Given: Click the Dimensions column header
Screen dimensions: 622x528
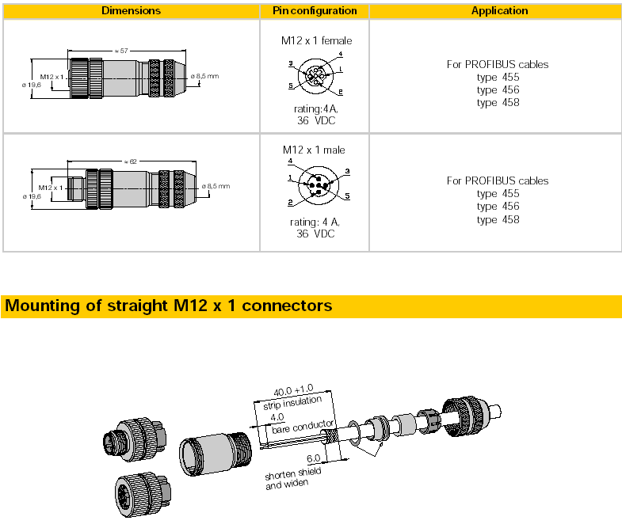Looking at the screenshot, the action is click(x=131, y=11).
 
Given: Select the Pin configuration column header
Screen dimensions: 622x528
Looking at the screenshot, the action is click(x=315, y=11).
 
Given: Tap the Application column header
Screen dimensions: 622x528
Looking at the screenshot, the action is click(x=499, y=11).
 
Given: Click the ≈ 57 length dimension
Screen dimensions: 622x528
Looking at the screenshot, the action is click(x=121, y=51).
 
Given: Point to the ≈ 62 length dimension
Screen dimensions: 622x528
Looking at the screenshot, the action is click(x=131, y=161).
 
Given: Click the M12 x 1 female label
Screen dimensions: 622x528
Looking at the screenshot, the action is click(x=316, y=40).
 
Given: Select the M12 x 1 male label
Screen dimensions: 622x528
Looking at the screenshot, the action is click(x=314, y=150).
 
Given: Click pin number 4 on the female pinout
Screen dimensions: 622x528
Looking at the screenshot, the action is click(x=341, y=54).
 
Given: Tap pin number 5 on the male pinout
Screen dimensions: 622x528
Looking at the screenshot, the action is click(x=347, y=196).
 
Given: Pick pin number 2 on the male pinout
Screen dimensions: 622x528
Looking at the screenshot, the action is click(x=290, y=203).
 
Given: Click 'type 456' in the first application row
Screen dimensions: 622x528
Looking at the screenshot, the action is click(x=498, y=90).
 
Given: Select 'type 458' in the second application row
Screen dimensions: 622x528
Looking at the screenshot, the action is click(x=498, y=219).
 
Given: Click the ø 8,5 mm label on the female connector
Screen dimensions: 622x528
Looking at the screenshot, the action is click(x=204, y=76).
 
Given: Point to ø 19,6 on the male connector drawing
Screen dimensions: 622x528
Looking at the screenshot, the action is click(x=32, y=196).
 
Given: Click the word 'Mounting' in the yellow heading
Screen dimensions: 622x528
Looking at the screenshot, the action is click(x=43, y=306).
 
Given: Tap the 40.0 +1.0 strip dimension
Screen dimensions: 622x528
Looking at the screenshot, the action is click(x=293, y=390).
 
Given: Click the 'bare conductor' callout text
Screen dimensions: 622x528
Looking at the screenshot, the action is click(x=303, y=427).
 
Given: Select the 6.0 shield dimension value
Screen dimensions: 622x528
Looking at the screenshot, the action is click(x=314, y=458).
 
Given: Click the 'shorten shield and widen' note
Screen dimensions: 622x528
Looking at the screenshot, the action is click(x=292, y=478).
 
